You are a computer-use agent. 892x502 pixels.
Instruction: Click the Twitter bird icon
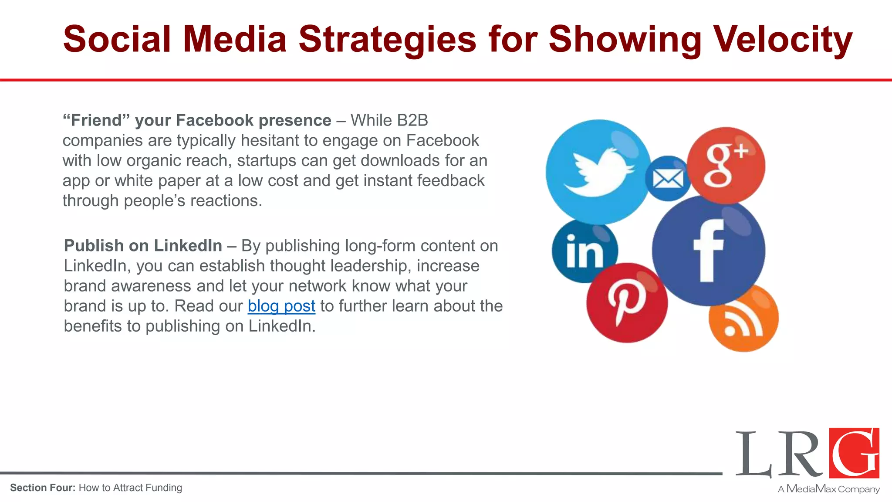coord(598,172)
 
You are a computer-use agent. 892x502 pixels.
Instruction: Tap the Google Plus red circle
coord(726,166)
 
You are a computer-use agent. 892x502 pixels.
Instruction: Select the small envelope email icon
coord(668,179)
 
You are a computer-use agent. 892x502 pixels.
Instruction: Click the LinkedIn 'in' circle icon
coord(584,251)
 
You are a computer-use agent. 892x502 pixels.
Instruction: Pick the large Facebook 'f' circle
coord(709,251)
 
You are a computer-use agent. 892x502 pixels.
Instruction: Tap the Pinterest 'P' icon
coord(627,303)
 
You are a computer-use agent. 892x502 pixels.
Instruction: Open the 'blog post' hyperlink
coord(281,306)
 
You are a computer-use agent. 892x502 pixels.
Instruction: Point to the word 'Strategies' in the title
coord(387,39)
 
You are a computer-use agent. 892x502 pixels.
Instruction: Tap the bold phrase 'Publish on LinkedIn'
coord(143,246)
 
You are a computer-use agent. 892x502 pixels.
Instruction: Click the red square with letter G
coord(854,453)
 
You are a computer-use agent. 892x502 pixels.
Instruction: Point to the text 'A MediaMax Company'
coord(829,489)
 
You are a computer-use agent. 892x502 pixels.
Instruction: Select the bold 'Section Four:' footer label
coord(43,488)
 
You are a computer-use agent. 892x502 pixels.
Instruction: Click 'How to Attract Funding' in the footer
coord(130,488)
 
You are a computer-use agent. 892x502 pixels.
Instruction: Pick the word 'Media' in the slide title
coord(235,39)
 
